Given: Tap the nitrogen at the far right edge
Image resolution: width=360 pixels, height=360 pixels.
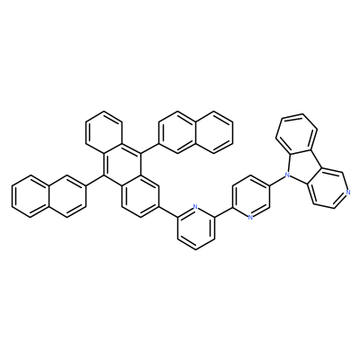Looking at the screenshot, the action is coord(347,193).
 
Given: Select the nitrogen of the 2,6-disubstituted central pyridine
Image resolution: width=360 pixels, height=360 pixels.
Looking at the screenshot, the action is coord(195,207).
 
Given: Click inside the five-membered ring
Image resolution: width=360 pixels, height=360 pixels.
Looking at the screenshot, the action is coord(301,161).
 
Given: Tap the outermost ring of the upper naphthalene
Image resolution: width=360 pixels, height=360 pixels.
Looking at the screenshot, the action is coord(214,132).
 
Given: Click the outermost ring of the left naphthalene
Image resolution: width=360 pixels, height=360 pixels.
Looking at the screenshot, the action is coord(30,195).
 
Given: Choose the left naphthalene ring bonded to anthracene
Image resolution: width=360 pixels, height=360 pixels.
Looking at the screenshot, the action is coord(67,195).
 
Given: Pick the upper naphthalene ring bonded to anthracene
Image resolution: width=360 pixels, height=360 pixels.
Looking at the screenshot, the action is coord(177,132).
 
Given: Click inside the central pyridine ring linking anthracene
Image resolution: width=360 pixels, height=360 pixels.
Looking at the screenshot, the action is coord(196,228).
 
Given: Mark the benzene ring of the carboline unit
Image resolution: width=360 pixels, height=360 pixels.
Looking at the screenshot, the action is coord(296,133).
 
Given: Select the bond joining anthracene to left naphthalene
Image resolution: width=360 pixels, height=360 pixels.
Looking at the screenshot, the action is coord(94,180).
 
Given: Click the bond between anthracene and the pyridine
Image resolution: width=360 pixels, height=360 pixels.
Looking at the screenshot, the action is coord(168,212).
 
